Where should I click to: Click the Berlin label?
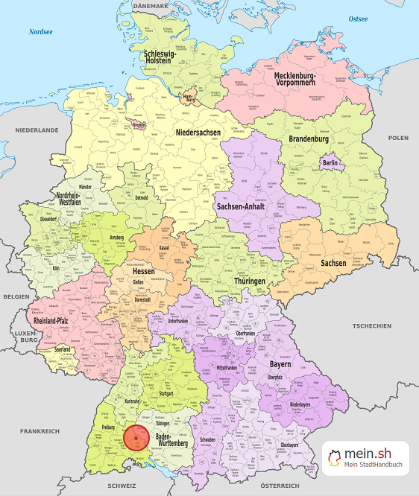point(330,163)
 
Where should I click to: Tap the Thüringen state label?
point(250,281)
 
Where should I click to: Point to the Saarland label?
point(63,349)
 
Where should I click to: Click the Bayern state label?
point(279,366)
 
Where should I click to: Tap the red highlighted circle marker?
point(136,437)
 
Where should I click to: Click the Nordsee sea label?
point(41,32)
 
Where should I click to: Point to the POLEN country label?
point(398,138)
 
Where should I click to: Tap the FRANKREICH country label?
point(40,431)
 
